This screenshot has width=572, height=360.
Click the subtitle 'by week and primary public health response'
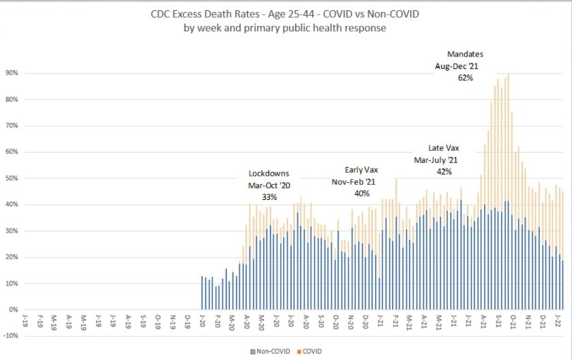[x=286, y=28]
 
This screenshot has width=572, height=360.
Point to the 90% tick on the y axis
[x=12, y=73]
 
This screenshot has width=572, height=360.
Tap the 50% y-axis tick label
[x=12, y=178]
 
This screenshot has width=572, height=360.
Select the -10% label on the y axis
[x=12, y=335]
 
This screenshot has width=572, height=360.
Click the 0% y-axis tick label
[x=14, y=310]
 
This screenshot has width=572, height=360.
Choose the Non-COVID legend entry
[x=270, y=352]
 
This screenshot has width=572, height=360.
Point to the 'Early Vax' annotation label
[x=361, y=170]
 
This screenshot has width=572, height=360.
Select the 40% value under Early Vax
[x=361, y=194]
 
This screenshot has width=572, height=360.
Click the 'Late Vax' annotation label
[x=442, y=148]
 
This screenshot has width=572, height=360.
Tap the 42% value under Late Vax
[x=442, y=172]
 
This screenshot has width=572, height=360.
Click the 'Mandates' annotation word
[x=465, y=54]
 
